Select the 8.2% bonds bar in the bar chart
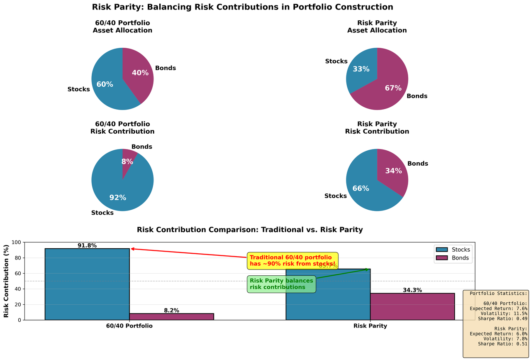(x=171, y=317)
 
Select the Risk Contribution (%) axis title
(x=7, y=281)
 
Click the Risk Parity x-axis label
(x=370, y=326)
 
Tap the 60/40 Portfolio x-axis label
(x=129, y=326)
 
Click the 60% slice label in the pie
(x=105, y=84)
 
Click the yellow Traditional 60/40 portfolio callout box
(x=292, y=260)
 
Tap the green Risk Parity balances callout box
(x=281, y=284)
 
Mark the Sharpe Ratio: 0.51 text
(x=502, y=344)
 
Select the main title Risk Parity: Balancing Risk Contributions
(x=242, y=7)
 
